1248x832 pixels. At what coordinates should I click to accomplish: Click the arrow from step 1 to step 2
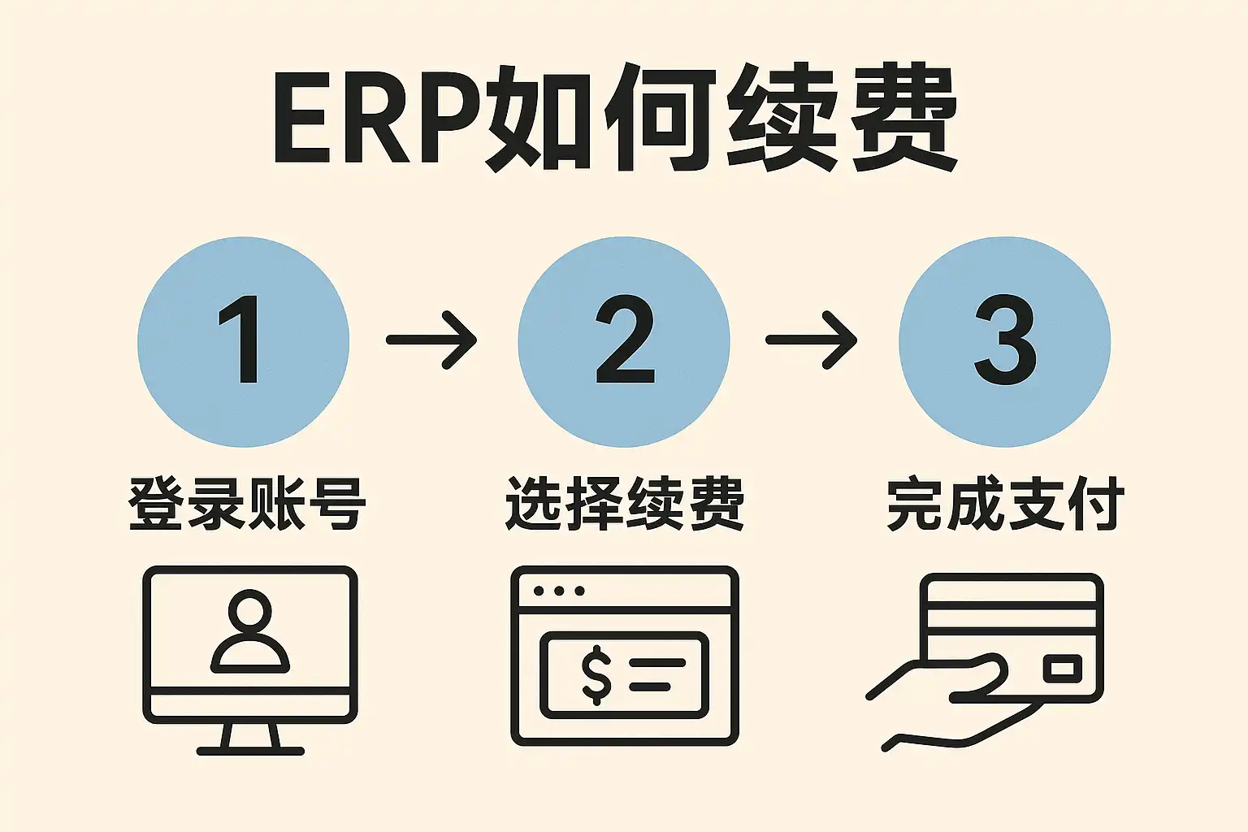point(431,340)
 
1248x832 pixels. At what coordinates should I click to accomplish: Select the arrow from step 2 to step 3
point(812,340)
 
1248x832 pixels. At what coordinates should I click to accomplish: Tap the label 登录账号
point(247,504)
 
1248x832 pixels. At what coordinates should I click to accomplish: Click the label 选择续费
point(624,504)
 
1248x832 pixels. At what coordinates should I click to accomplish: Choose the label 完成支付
point(1005,504)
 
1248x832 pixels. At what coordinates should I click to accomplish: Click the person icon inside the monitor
point(250,632)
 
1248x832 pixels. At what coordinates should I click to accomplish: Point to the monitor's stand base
point(250,750)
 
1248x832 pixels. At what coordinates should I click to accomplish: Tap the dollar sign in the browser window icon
point(596,674)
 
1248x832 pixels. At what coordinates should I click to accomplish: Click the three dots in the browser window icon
point(559,591)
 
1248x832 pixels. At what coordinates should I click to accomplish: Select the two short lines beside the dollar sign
point(656,674)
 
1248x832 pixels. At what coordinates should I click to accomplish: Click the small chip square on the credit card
point(1063,669)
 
